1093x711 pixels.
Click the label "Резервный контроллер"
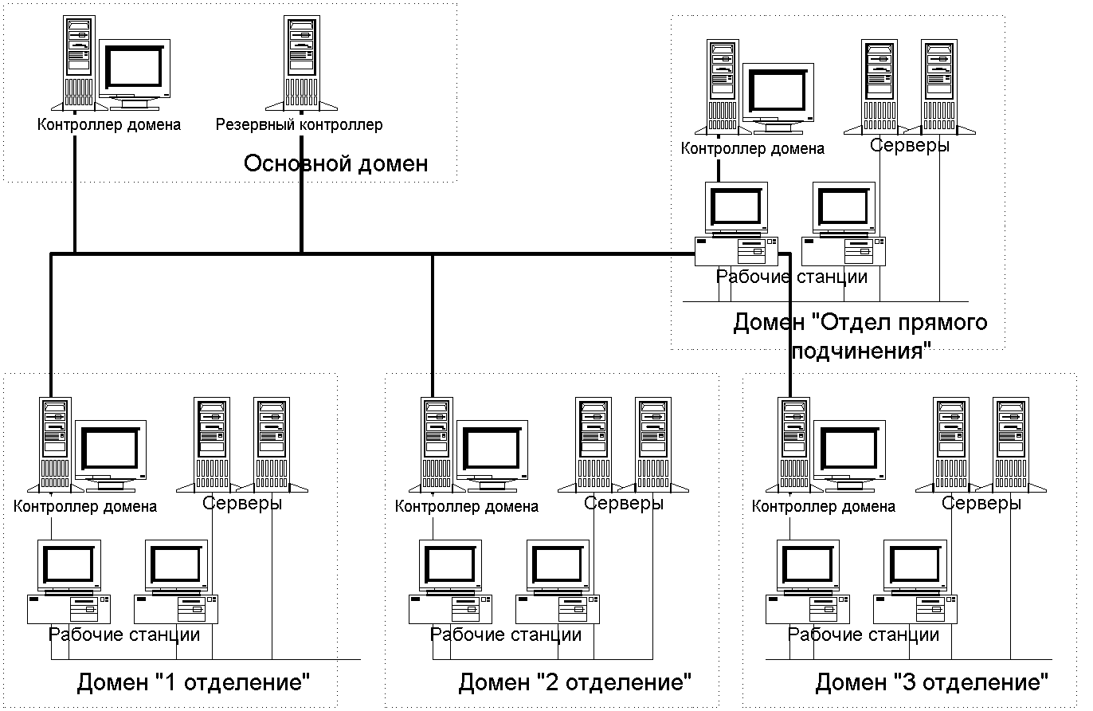click(x=300, y=125)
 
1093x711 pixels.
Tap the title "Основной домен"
click(x=335, y=164)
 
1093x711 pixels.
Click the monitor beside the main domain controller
click(x=135, y=74)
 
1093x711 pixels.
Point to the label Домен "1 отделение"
click(x=193, y=683)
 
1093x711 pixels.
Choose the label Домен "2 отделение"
click(x=574, y=683)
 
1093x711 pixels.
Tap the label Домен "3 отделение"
click(x=931, y=683)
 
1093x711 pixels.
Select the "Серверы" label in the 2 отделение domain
click(x=624, y=504)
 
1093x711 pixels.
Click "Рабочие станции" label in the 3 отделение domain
click(x=864, y=635)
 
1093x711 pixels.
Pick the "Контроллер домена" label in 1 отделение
click(x=85, y=506)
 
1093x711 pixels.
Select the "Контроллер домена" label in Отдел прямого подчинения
click(x=753, y=148)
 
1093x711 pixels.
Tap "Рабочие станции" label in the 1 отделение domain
click(x=124, y=635)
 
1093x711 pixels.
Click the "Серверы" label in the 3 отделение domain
click(x=981, y=504)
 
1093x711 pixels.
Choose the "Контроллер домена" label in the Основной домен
click(x=109, y=125)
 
